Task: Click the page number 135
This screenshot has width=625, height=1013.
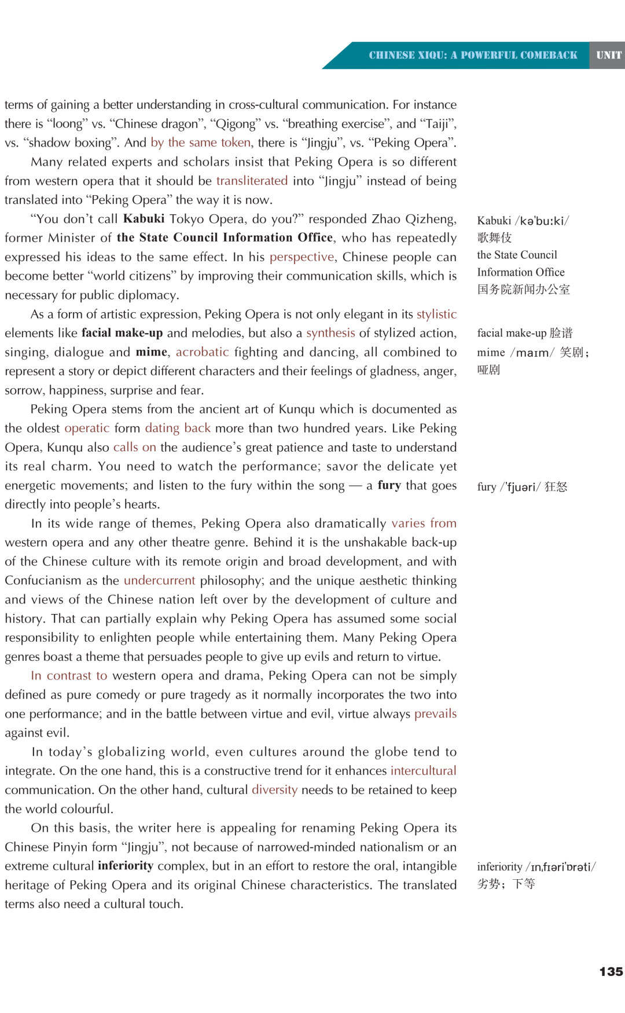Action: point(611,972)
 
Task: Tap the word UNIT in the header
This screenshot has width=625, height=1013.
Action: point(608,56)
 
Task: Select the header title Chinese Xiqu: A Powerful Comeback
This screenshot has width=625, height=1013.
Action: point(473,56)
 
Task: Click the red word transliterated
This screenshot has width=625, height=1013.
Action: point(252,181)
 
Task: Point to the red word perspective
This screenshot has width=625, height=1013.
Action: point(302,257)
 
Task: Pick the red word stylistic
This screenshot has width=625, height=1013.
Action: point(436,314)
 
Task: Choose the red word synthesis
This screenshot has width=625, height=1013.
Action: point(330,333)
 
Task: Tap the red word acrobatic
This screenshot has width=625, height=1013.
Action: point(202,352)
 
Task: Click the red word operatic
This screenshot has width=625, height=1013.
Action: point(87,429)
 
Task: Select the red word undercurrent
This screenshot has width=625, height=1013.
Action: point(159,580)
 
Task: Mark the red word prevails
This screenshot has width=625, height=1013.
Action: point(435,714)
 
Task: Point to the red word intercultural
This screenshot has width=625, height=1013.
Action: point(423,771)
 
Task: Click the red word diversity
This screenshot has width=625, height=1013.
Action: point(274,790)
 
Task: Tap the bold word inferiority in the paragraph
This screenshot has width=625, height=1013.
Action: point(125,866)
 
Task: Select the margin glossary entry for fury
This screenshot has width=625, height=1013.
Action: point(521,487)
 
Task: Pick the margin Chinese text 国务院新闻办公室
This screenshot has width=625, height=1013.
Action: point(523,290)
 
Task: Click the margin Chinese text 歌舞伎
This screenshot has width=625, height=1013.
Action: point(494,238)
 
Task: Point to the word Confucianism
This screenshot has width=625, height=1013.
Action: point(43,580)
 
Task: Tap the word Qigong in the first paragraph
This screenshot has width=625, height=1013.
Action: point(236,124)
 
